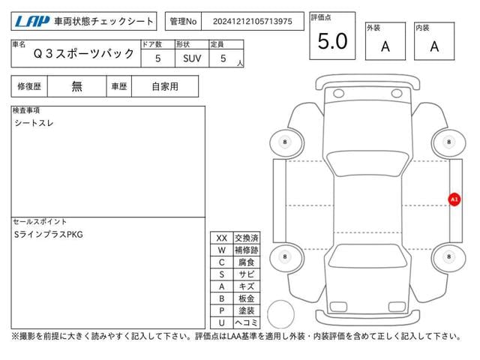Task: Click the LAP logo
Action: click(31, 21)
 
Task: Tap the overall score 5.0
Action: click(332, 43)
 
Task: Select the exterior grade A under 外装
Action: click(385, 46)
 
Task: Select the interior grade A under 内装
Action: click(434, 46)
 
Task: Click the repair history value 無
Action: click(77, 86)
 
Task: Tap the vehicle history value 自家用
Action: click(164, 86)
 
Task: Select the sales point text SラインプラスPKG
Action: click(49, 235)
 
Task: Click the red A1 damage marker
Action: click(453, 199)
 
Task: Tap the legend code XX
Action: click(221, 238)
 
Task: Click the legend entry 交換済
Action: click(246, 238)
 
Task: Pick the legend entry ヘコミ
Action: click(246, 322)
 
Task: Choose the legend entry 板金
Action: click(246, 298)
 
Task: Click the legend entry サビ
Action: click(246, 274)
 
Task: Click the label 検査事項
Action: click(26, 110)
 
